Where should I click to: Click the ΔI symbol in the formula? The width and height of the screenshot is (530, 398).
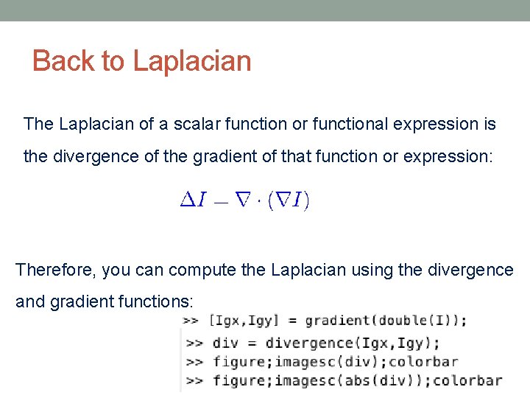tap(194, 200)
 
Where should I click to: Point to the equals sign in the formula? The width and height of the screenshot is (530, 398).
tap(220, 203)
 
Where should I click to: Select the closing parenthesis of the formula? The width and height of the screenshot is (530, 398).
tap(306, 200)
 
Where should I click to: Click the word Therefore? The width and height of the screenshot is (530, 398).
tap(55, 270)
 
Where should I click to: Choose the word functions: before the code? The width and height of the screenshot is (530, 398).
tap(158, 302)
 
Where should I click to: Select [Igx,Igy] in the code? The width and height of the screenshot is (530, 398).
tap(244, 321)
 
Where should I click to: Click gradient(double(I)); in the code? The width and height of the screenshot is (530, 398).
tap(386, 321)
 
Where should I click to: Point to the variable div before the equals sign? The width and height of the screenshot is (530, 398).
tap(225, 342)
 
